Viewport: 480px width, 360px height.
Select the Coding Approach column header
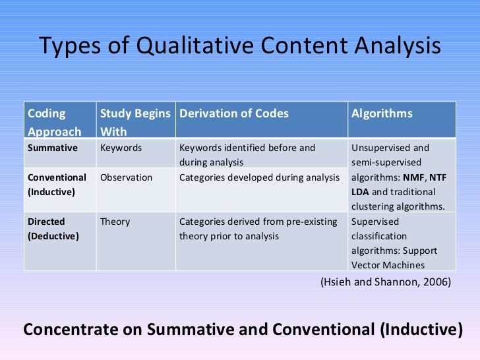(55, 122)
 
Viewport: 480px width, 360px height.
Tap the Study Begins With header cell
(135, 122)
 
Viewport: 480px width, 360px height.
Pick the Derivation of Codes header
(234, 113)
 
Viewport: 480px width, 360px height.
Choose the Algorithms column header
(382, 113)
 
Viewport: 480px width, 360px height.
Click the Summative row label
(53, 148)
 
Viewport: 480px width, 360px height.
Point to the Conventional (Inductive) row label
(57, 185)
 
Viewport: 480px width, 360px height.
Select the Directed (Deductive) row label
(53, 229)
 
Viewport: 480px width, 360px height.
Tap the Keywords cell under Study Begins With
(121, 148)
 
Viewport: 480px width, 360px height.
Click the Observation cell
(126, 177)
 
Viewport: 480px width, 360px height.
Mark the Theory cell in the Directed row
(115, 222)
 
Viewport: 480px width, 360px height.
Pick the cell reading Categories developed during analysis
(259, 177)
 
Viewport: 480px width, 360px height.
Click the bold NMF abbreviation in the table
(413, 177)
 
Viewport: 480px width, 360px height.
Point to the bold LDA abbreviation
(361, 192)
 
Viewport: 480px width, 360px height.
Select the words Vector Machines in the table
(388, 265)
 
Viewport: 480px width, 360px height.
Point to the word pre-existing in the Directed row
(312, 222)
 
